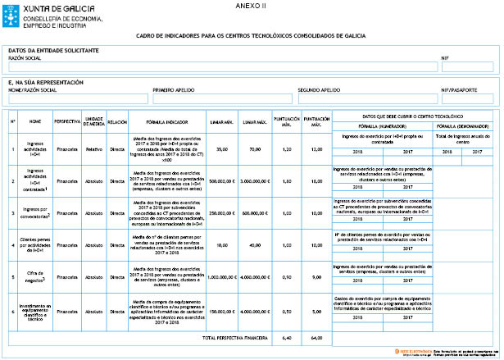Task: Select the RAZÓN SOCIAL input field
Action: (x=221, y=66)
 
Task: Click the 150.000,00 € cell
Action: (x=221, y=312)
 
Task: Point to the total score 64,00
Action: (x=316, y=337)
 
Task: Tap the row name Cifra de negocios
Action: (x=35, y=278)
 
